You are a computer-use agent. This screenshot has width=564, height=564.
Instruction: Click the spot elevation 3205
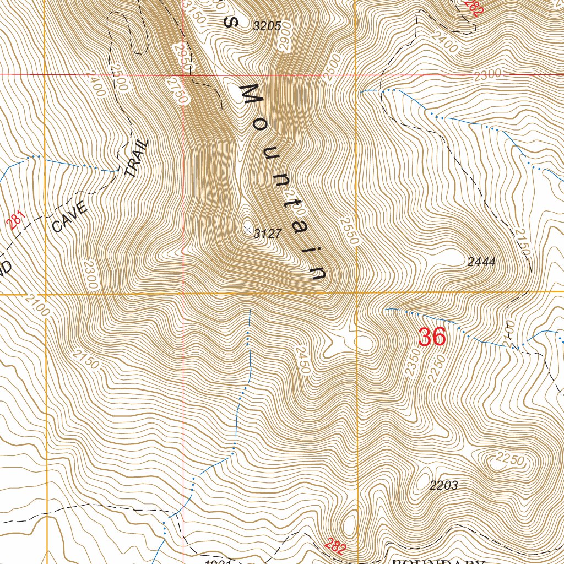coord(267,25)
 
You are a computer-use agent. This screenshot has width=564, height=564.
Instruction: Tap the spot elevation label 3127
coord(268,234)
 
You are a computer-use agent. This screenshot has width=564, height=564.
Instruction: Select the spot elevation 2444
coord(481,262)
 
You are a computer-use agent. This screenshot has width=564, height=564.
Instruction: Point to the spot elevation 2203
coord(443,485)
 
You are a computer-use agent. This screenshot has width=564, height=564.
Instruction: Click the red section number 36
coord(432,337)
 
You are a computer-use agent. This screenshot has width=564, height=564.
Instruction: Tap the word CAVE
coord(69,216)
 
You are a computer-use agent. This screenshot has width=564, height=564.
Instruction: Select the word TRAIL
coord(137,158)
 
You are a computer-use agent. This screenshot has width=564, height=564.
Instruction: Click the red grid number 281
coord(17,221)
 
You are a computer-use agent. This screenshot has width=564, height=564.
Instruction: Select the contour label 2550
coord(349,231)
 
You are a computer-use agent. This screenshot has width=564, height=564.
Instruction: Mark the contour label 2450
coord(302,361)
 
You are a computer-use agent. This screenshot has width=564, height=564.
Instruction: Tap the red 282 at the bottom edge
coord(335,546)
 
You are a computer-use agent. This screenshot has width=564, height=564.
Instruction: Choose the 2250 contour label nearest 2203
coord(509,458)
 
